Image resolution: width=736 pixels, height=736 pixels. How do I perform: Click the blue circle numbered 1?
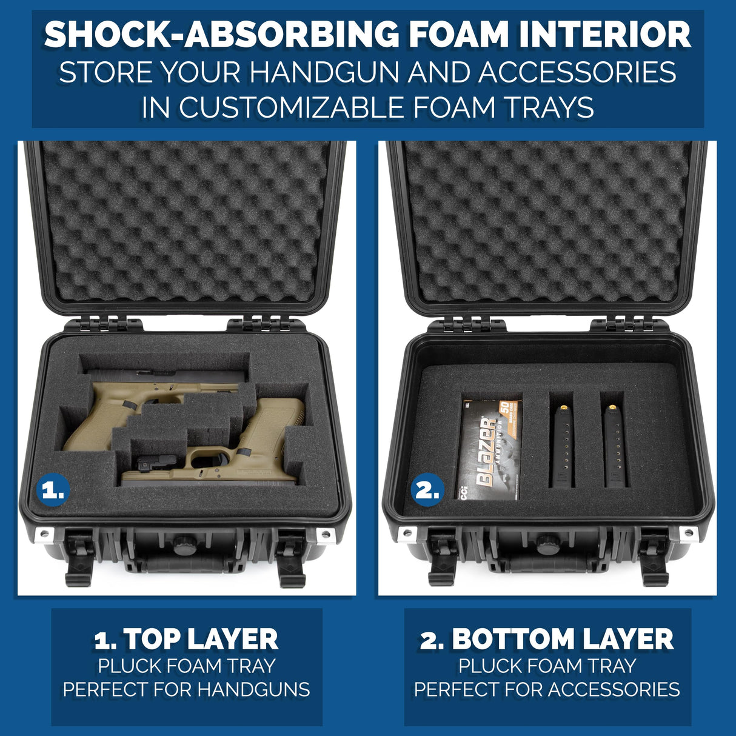click(x=53, y=489)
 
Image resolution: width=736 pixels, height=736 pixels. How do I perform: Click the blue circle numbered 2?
click(x=427, y=490)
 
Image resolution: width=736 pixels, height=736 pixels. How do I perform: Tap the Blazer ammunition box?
click(x=490, y=449)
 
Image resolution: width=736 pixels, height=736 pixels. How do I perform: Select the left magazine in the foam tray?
click(x=561, y=446)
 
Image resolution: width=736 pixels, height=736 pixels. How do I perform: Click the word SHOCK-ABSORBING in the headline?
click(x=221, y=35)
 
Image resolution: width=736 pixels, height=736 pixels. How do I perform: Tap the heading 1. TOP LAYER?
click(x=186, y=639)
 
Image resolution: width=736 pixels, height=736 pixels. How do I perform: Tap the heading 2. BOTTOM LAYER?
click(x=547, y=639)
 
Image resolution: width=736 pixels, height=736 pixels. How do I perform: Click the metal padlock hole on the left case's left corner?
click(x=44, y=534)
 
